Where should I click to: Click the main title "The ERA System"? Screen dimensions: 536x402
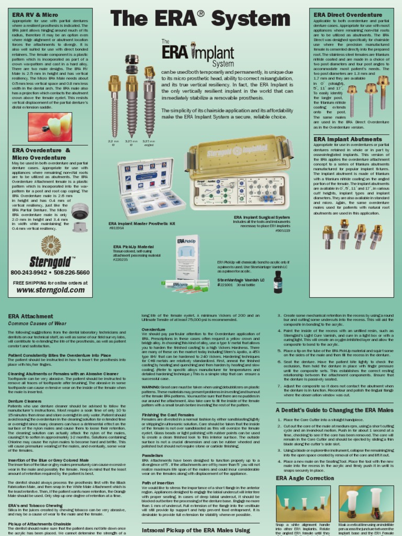201,19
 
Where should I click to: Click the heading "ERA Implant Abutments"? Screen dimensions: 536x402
347,139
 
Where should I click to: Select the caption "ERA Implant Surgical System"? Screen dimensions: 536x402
261,217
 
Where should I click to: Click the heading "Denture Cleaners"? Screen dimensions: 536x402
27,400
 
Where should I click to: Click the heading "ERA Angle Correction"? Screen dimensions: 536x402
305,478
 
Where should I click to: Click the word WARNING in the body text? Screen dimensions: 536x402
153,386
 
